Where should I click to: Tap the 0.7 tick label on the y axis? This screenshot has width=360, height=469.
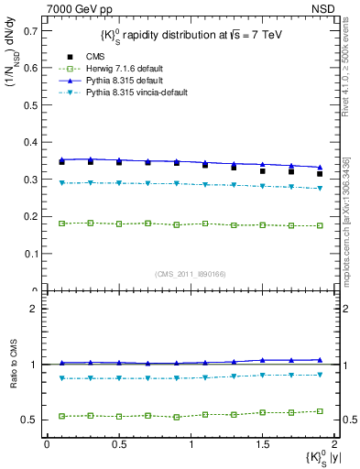[30, 30]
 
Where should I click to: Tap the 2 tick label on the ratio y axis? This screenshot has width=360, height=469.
[34, 309]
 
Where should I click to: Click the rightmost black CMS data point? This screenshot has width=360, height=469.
[319, 173]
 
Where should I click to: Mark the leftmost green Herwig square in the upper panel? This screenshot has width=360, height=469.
[61, 224]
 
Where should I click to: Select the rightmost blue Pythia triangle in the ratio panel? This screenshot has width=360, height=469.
[319, 360]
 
